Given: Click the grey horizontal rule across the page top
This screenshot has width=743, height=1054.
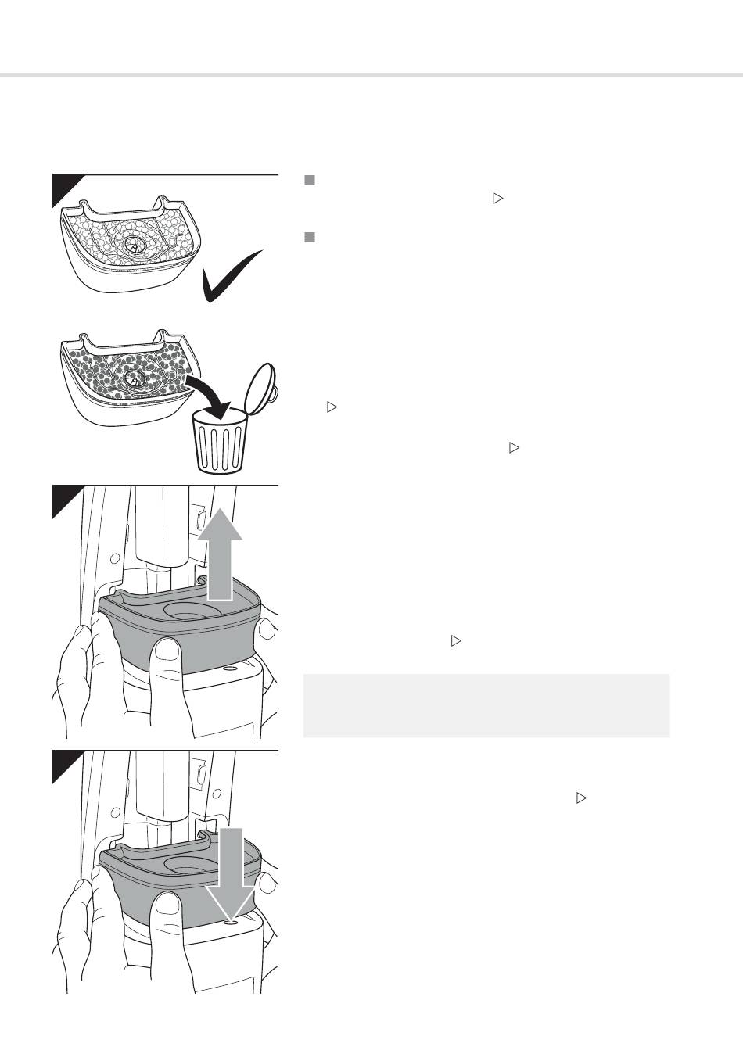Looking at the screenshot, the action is click(x=371, y=76).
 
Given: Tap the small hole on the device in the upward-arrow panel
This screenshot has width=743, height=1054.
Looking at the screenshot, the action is click(x=229, y=669).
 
